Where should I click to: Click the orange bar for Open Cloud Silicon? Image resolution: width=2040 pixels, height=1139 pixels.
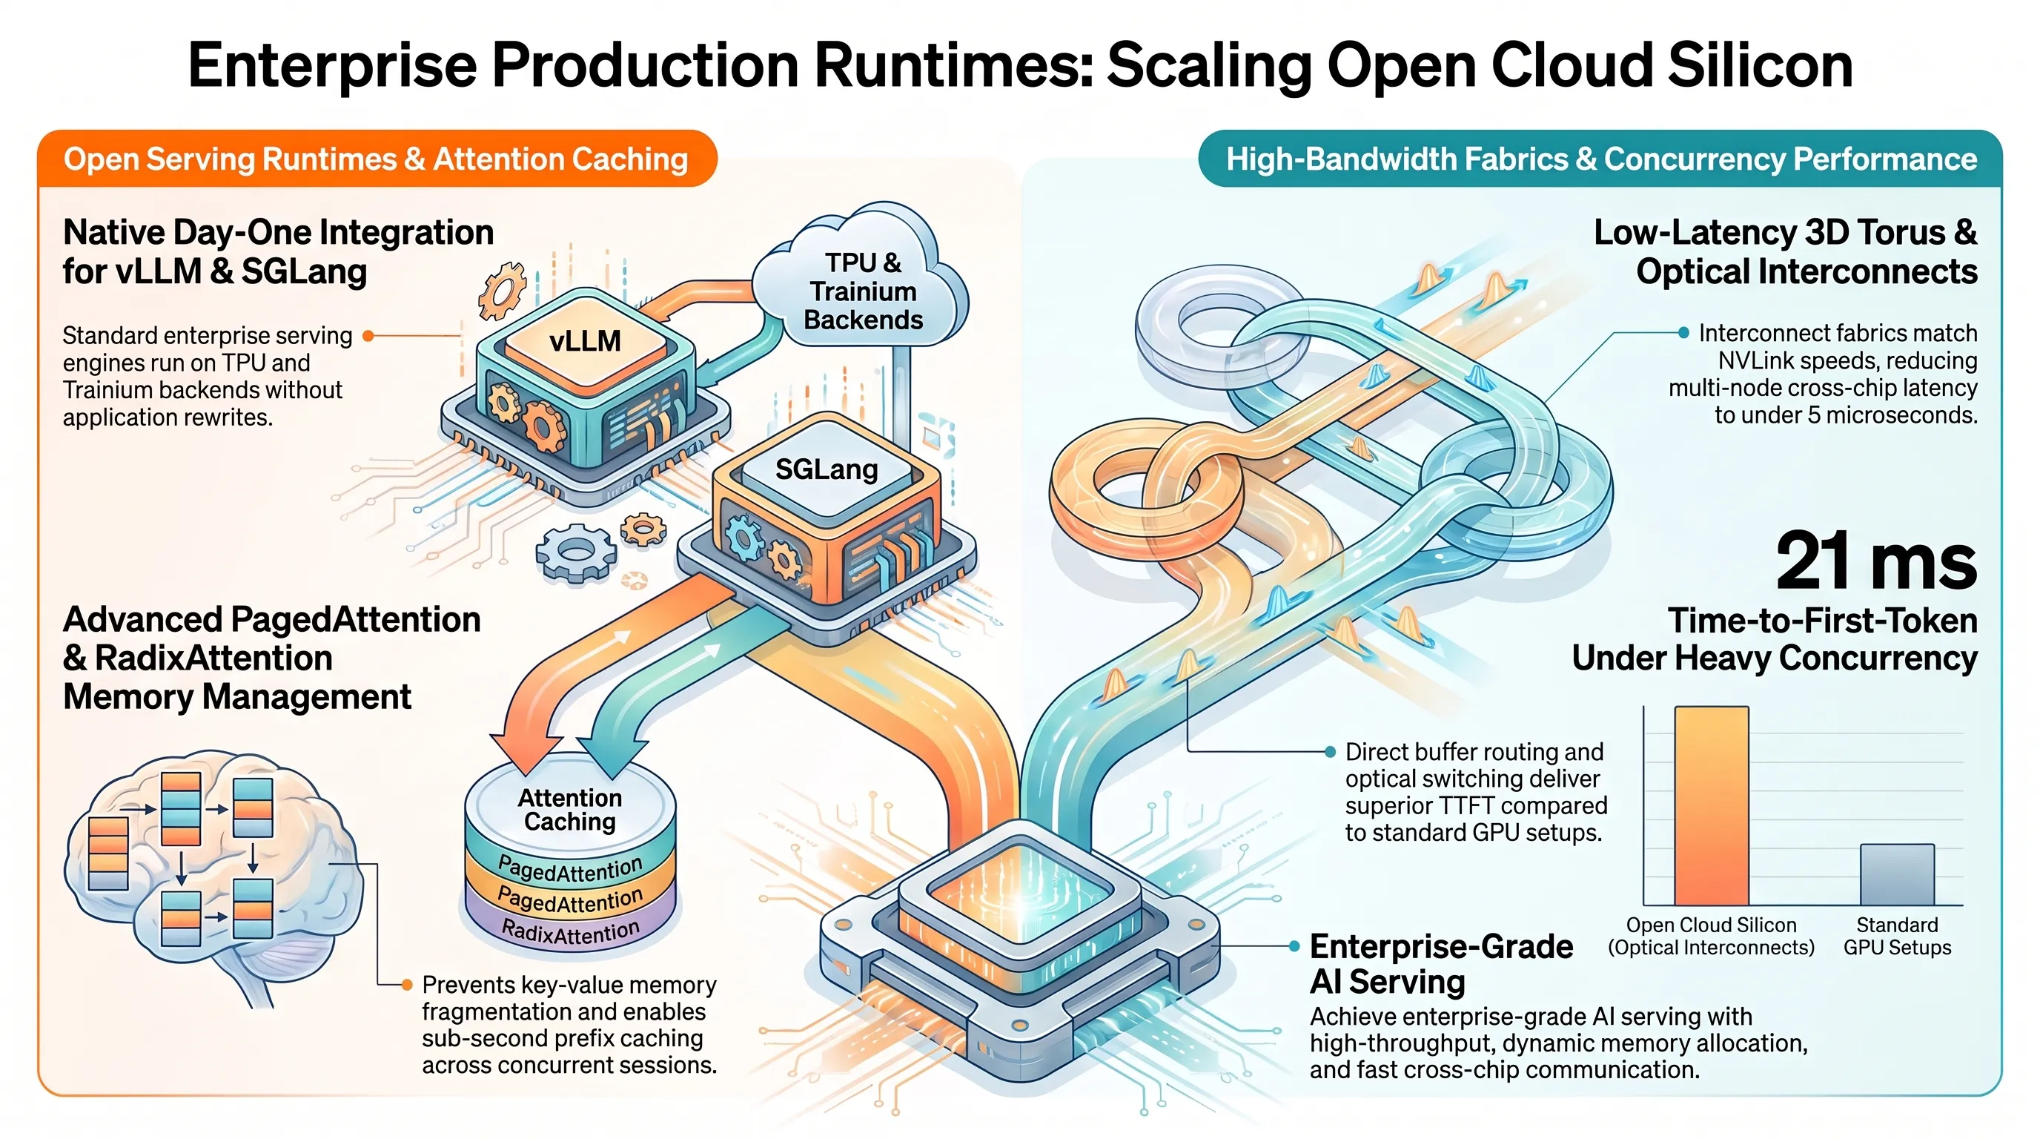1712,805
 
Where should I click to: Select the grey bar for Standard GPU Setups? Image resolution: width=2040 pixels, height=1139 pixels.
1897,874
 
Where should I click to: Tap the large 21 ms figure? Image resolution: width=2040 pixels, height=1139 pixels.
1875,561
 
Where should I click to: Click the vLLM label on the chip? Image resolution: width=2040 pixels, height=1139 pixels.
585,341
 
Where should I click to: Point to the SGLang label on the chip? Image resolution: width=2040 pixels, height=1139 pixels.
826,469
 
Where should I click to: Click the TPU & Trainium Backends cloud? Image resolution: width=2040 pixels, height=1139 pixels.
861,282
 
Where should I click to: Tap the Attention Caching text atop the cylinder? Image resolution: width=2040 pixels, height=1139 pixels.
569,810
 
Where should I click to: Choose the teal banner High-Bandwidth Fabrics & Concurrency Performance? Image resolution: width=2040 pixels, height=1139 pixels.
1600,159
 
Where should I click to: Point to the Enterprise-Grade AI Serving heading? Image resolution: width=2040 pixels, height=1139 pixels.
1441,963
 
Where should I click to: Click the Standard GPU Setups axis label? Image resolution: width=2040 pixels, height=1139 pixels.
1897,937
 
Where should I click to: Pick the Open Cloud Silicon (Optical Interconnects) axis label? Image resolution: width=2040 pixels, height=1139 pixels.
1711,937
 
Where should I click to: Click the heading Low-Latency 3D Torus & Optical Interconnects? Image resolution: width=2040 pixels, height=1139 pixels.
1785,252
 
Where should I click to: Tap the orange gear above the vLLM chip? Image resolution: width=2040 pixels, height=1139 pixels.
502,291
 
